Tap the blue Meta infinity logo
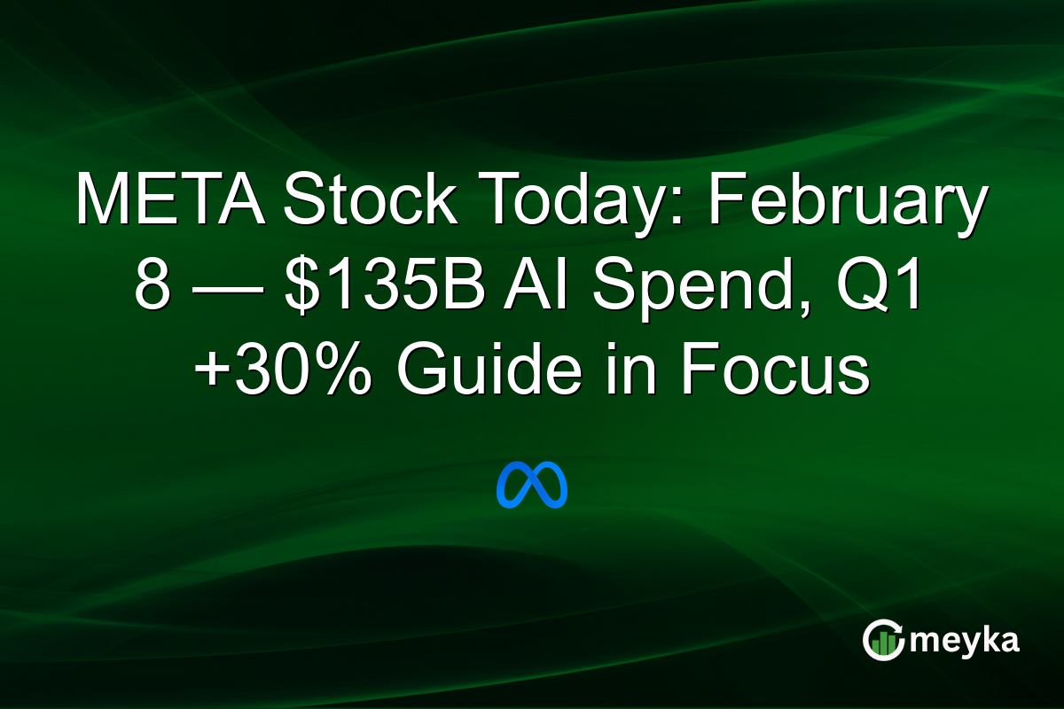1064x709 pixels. click(x=532, y=485)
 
